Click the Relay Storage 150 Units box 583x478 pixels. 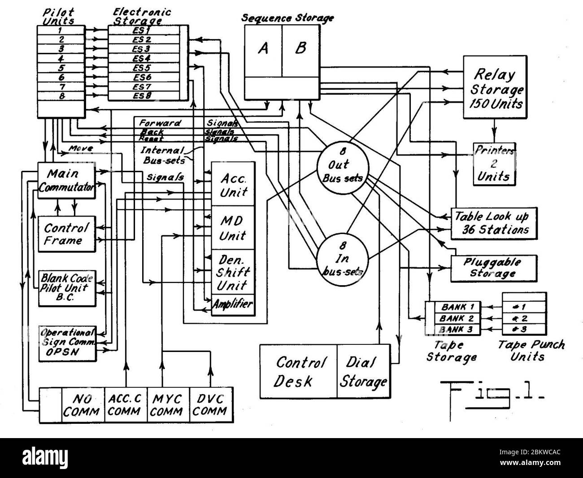tap(495, 88)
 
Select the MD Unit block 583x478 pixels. tap(232, 228)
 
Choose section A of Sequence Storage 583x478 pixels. tap(263, 50)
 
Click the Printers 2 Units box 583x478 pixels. tap(494, 164)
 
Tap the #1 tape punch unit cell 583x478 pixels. tap(524, 308)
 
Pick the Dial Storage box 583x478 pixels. tap(363, 371)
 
